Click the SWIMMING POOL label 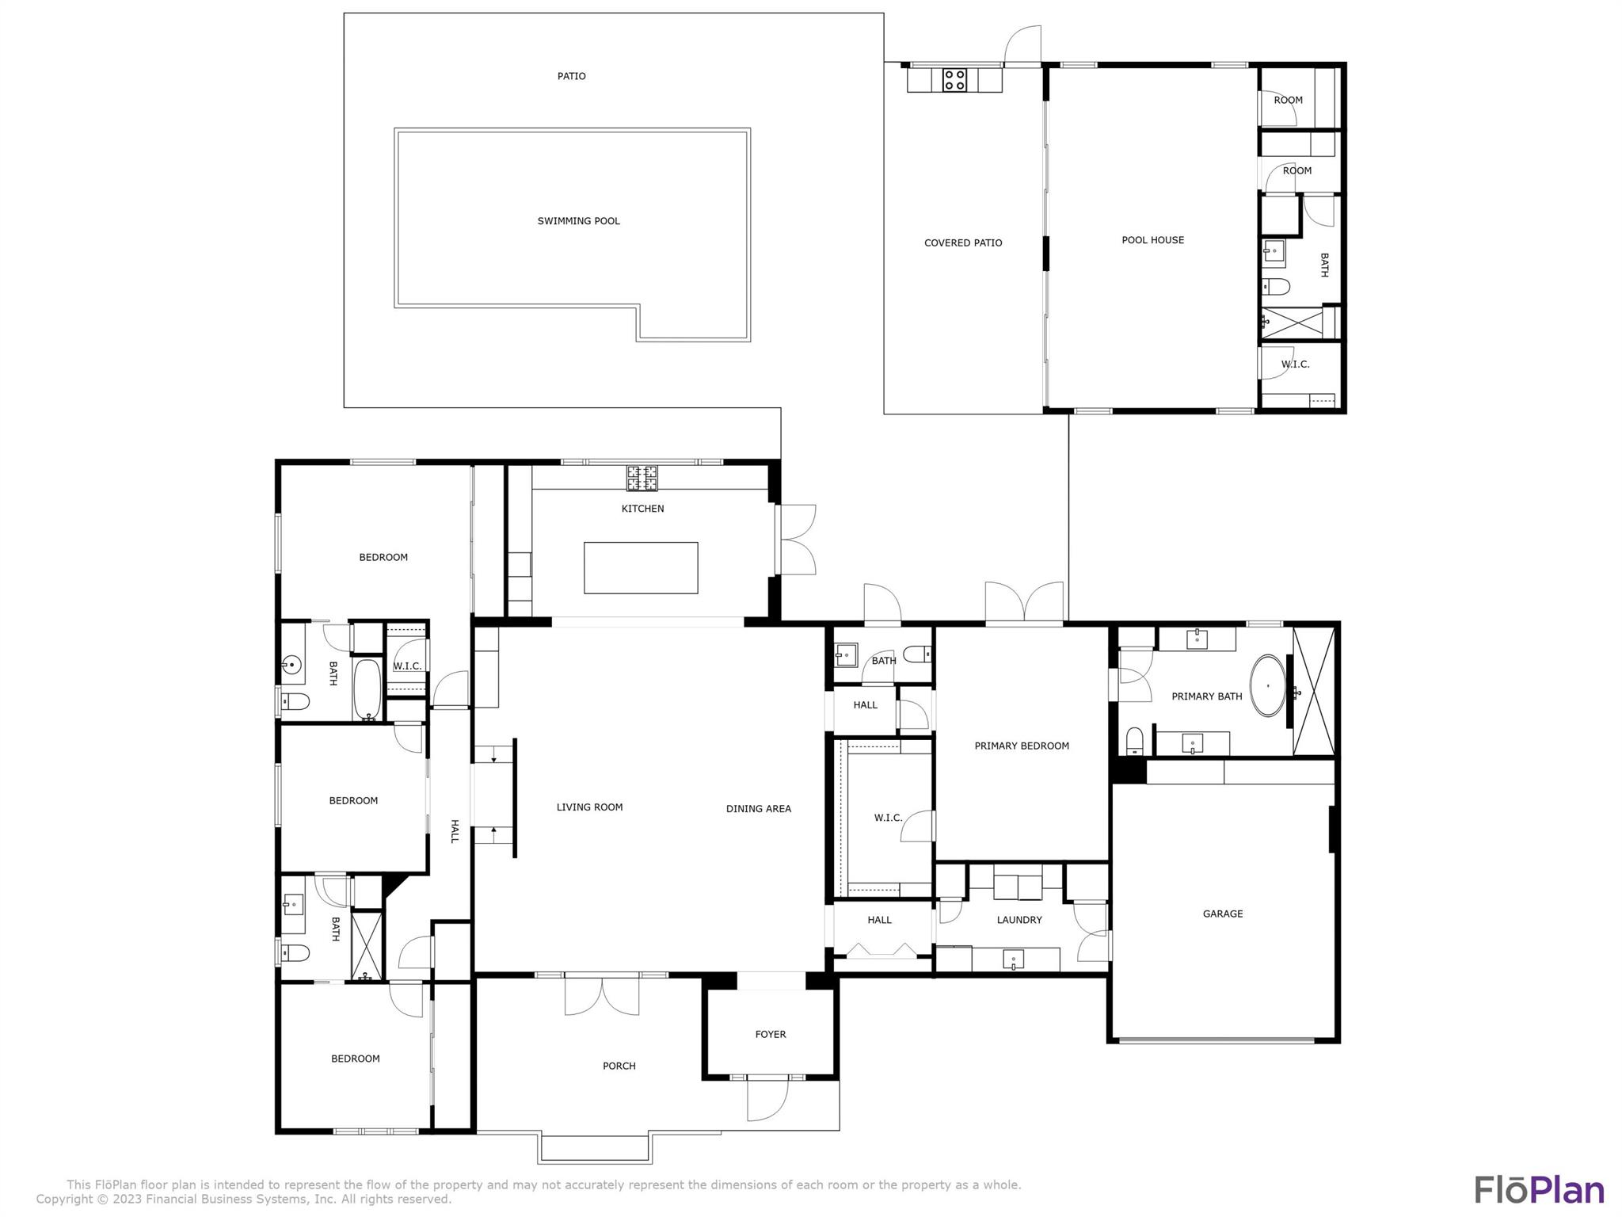pos(578,221)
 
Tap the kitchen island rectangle pos(641,567)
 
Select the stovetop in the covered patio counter pos(954,80)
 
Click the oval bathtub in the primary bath pos(1267,685)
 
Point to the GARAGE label pos(1222,914)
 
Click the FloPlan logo pos(1539,1190)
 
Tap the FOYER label pos(770,1034)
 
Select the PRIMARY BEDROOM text pos(1021,746)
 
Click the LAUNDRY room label pos(1019,920)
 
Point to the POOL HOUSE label pos(1152,240)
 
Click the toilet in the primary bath pos(1135,741)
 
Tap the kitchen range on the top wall pos(642,478)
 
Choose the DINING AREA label pos(758,809)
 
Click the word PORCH pos(619,1066)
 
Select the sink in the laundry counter pos(1013,959)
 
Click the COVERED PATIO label pos(962,243)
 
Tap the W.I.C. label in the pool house pos(1295,364)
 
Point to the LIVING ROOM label pos(589,807)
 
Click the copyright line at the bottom pos(243,1200)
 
